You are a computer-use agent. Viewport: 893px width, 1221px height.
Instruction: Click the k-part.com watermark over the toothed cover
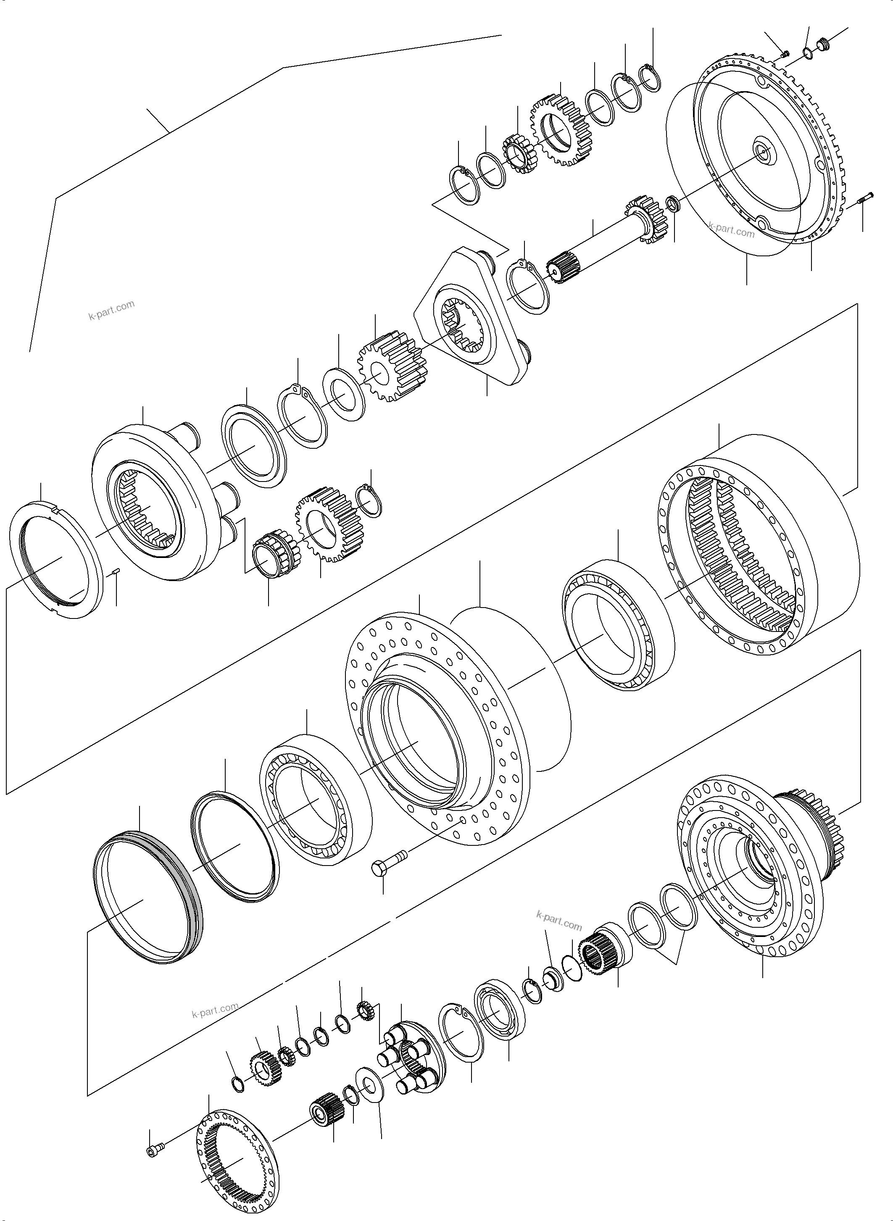pyautogui.click(x=731, y=232)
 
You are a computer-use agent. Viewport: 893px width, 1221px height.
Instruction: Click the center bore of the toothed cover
pyautogui.click(x=764, y=153)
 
